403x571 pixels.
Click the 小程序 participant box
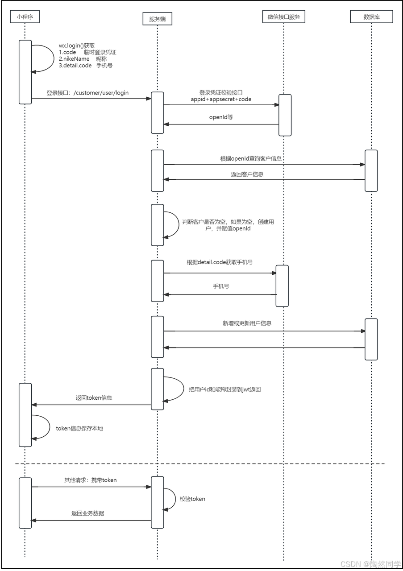[x=25, y=17]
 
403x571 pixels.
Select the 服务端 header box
[x=158, y=19]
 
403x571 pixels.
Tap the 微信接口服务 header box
[x=284, y=17]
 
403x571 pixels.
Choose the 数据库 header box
[x=372, y=17]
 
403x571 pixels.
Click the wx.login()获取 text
[x=77, y=46]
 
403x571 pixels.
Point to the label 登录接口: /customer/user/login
[x=87, y=93]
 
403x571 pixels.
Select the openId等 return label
[x=221, y=117]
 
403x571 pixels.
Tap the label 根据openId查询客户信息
[x=250, y=158]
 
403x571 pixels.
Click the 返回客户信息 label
[x=247, y=174]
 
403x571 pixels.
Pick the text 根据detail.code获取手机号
[x=220, y=262]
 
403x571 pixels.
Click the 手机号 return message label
[x=221, y=285]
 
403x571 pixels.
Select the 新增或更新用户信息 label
[x=247, y=323]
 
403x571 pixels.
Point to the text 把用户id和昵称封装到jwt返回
[x=224, y=389]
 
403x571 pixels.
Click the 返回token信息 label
[x=94, y=397]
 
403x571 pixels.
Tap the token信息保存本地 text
[x=79, y=428]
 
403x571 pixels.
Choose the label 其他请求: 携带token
[x=91, y=480]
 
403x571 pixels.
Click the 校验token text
[x=192, y=499]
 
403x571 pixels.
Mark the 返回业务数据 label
[x=87, y=513]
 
